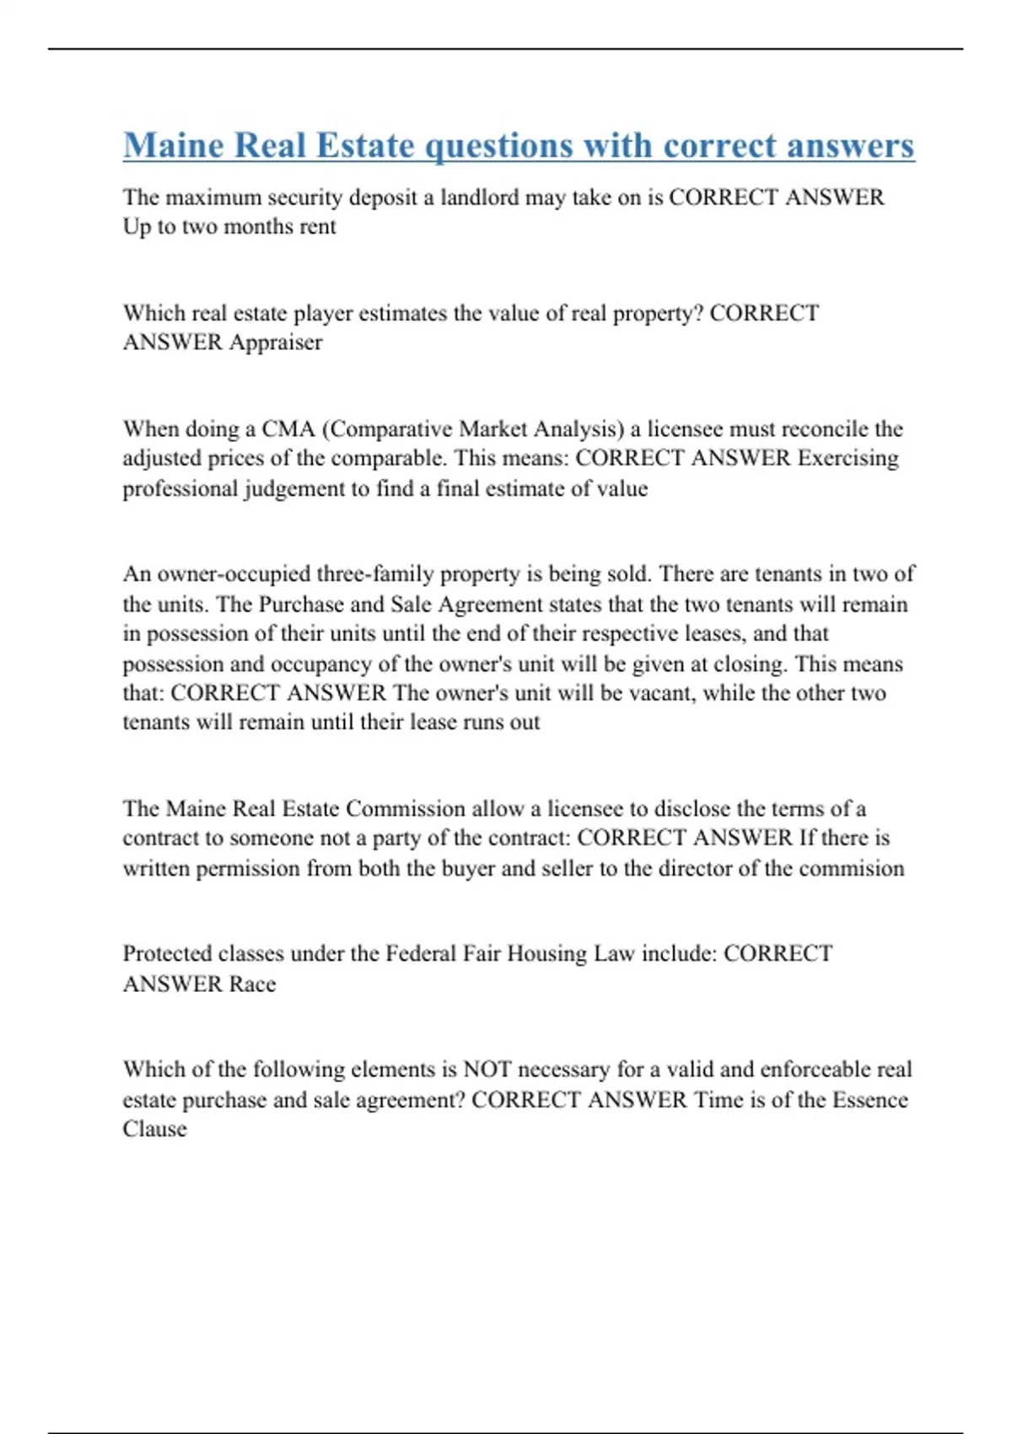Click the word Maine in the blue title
[x=173, y=145]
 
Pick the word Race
[x=252, y=984]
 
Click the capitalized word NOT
[x=487, y=1070]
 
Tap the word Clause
[x=154, y=1129]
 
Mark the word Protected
[x=167, y=954]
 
